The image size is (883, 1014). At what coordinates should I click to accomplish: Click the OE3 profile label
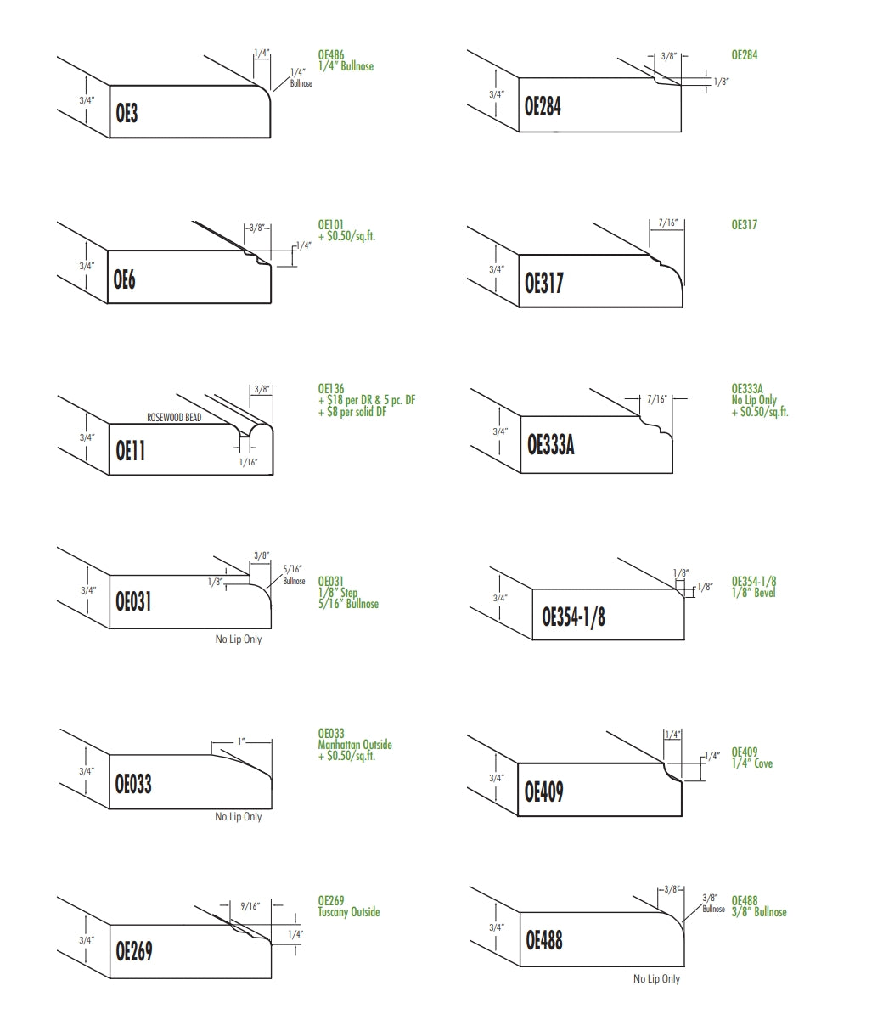127,113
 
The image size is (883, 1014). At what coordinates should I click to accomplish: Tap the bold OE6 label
125,279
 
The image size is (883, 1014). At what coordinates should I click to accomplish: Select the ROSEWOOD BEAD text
174,418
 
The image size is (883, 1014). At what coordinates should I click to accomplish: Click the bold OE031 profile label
133,601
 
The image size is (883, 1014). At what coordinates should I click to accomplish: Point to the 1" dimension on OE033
242,741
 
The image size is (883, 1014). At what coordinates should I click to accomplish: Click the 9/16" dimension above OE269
250,906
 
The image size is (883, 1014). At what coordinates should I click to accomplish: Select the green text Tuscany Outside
348,912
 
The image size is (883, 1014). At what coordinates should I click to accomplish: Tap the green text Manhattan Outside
354,744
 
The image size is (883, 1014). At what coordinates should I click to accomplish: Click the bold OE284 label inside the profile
543,106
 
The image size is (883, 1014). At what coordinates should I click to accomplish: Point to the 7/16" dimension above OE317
667,223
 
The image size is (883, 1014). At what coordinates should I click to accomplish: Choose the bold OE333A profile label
551,445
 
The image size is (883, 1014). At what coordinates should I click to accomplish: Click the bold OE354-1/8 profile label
573,617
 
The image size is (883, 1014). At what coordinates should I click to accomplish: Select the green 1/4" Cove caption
751,763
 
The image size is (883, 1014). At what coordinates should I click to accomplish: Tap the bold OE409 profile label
543,791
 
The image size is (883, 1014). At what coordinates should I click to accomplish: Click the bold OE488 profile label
543,939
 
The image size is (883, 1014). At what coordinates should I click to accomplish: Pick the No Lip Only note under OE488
657,979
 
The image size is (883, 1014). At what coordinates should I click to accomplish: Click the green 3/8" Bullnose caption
759,912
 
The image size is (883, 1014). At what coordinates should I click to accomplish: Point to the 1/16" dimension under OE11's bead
248,462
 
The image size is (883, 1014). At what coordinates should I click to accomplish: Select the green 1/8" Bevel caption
753,593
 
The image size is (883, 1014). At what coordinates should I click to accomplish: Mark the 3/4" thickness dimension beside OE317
497,269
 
